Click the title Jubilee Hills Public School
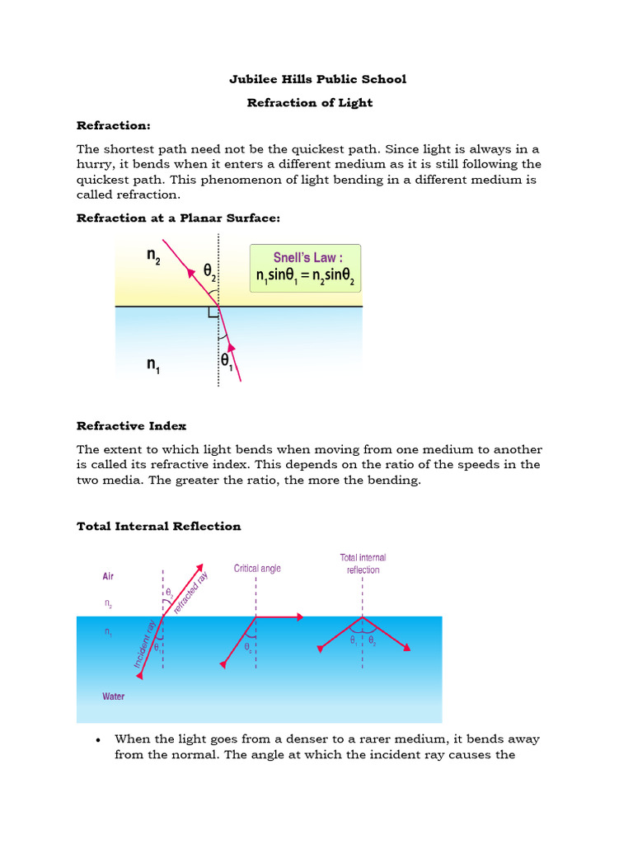316,79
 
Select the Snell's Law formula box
305,268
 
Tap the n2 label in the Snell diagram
154,256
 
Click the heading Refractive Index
131,426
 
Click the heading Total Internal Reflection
158,527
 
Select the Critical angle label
257,569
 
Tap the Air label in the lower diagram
109,578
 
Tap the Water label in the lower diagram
114,696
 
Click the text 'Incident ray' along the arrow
143,644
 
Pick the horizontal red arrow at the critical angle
280,616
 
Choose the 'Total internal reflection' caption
363,564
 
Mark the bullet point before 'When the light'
98,739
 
